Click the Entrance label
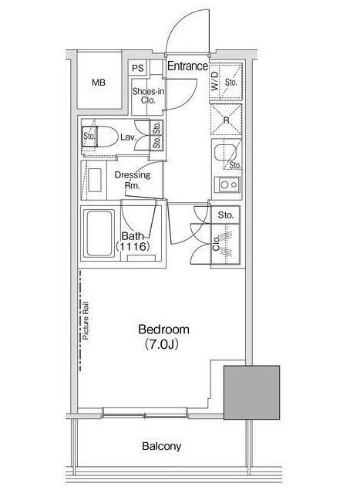(187, 66)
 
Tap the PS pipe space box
(138, 67)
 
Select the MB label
(99, 83)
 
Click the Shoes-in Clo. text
(148, 96)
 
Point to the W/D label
(215, 82)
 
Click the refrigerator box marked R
(226, 120)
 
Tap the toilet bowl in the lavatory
(106, 137)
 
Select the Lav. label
(128, 137)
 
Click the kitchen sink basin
(225, 154)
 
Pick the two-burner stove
(227, 184)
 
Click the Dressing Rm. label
(133, 180)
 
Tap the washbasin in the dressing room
(94, 180)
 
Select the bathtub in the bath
(99, 234)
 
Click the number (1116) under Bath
(133, 247)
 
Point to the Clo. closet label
(216, 243)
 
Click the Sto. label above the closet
(225, 215)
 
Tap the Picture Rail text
(86, 321)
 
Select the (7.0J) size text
(162, 344)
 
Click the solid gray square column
(251, 393)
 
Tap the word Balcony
(161, 446)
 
